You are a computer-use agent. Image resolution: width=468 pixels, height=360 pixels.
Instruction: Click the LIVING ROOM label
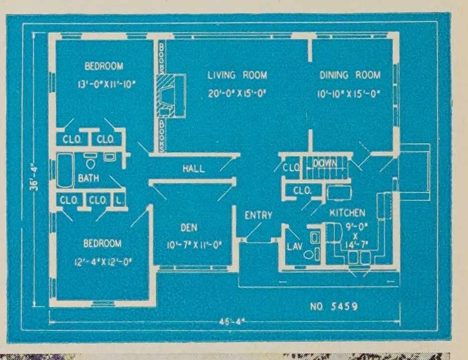237,75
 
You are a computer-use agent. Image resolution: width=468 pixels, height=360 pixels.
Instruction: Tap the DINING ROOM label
350,75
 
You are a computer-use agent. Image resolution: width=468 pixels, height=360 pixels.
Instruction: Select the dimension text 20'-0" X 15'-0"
237,92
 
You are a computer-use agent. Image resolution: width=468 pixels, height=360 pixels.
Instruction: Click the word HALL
193,169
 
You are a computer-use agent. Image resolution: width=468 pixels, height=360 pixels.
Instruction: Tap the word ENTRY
258,216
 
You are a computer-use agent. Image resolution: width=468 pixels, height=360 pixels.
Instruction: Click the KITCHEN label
348,213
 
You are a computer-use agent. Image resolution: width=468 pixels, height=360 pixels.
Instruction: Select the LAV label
292,246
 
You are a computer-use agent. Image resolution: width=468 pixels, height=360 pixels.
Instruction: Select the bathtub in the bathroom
65,171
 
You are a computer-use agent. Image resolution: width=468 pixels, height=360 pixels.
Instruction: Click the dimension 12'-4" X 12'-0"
102,260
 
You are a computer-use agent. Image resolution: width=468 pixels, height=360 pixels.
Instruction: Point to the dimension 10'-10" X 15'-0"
349,92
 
